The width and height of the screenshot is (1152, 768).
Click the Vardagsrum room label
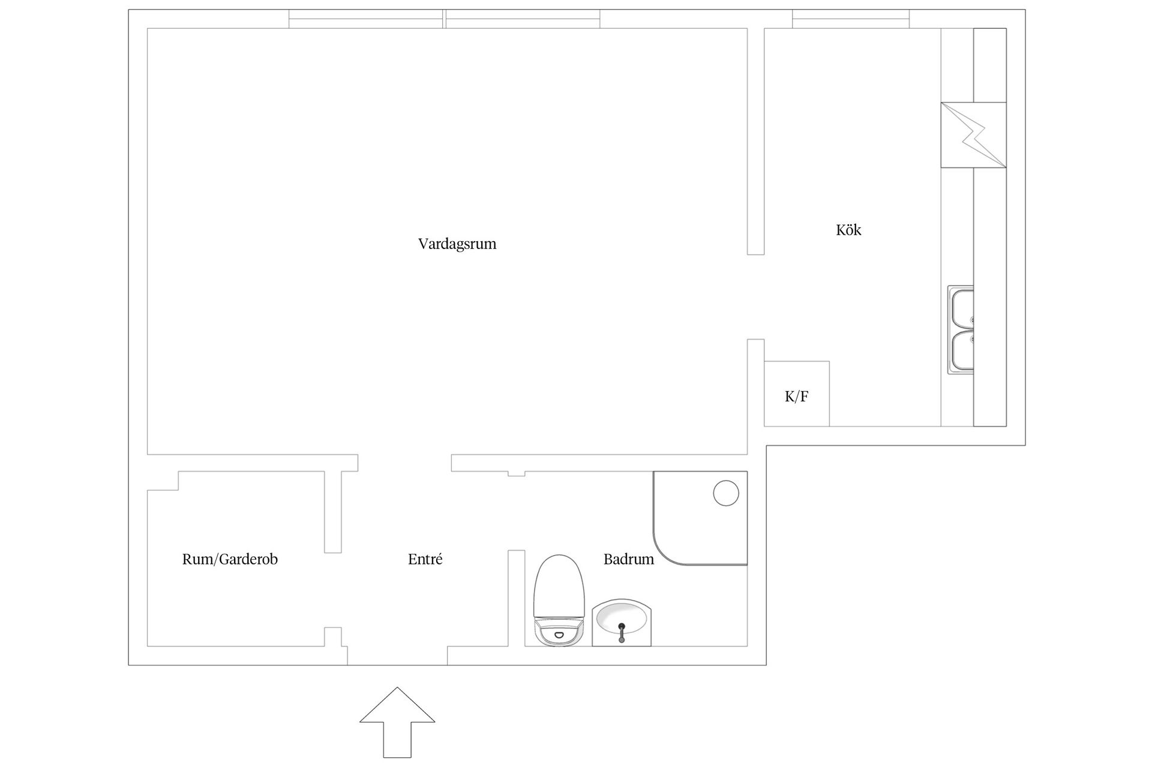tap(457, 245)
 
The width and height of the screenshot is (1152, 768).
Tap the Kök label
tap(848, 230)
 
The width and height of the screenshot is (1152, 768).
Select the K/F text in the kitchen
tap(797, 397)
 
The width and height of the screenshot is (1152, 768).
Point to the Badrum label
tap(629, 559)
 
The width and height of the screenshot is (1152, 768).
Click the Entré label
tap(425, 559)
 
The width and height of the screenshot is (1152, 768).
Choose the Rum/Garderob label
tap(230, 559)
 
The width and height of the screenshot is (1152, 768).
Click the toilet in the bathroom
tap(559, 600)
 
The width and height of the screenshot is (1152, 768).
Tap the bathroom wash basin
tap(621, 623)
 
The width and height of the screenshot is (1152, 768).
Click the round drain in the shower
tap(726, 493)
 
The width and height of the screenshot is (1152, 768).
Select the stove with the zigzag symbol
tap(973, 135)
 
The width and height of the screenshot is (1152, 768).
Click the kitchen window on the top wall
tap(851, 19)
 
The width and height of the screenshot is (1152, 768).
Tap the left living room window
tap(366, 19)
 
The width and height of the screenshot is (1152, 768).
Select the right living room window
tap(523, 19)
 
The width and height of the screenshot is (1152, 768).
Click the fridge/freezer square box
tap(797, 394)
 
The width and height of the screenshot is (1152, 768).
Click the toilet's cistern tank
tap(559, 633)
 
